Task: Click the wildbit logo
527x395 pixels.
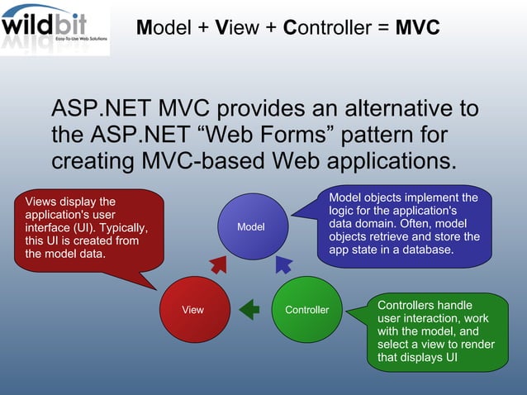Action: point(55,28)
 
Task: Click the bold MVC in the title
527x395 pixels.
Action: point(417,28)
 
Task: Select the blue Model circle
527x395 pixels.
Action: point(251,226)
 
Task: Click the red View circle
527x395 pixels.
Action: point(192,310)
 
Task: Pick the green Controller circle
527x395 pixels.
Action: point(306,310)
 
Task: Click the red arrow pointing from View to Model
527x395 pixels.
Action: point(218,264)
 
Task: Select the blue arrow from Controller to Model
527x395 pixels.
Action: point(282,264)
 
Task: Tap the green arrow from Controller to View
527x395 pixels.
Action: point(249,310)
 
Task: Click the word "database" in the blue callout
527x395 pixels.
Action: point(426,250)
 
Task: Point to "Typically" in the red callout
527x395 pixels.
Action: point(121,228)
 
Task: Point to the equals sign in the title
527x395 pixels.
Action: point(381,28)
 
